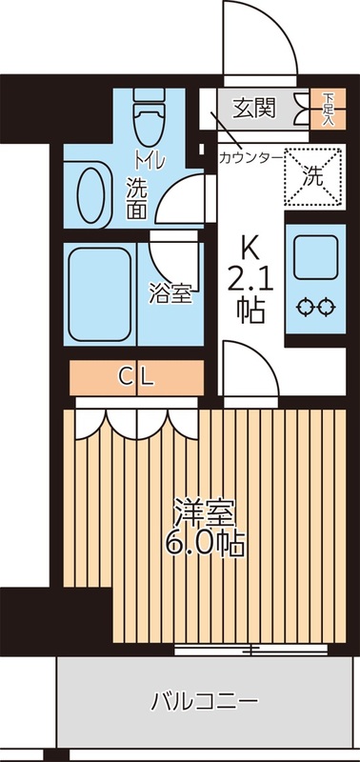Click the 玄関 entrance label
pyautogui.click(x=255, y=107)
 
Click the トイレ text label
pyautogui.click(x=149, y=159)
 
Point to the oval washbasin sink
pyautogui.click(x=91, y=189)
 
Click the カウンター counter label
pyautogui.click(x=250, y=156)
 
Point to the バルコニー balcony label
pyautogui.click(x=204, y=703)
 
